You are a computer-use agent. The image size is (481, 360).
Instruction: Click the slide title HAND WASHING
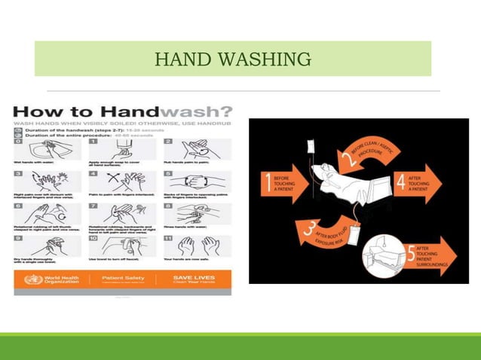(232, 58)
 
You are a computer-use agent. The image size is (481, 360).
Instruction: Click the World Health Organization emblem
(29, 279)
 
